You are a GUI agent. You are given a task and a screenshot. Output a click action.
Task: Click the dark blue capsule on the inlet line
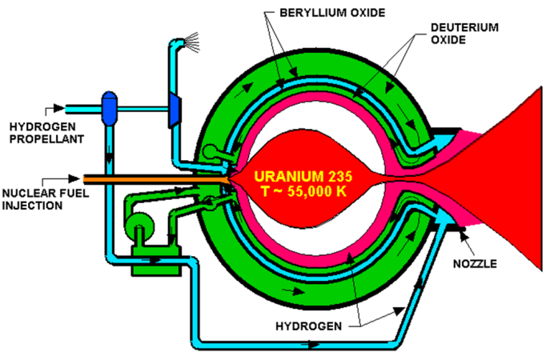pyautogui.click(x=109, y=109)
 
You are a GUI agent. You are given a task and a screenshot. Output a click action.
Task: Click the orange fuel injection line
pyautogui.click(x=152, y=178)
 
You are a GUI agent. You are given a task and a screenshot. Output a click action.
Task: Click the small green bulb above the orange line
pyautogui.click(x=210, y=150)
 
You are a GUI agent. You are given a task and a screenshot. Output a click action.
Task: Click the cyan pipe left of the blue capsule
pyautogui.click(x=80, y=109)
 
